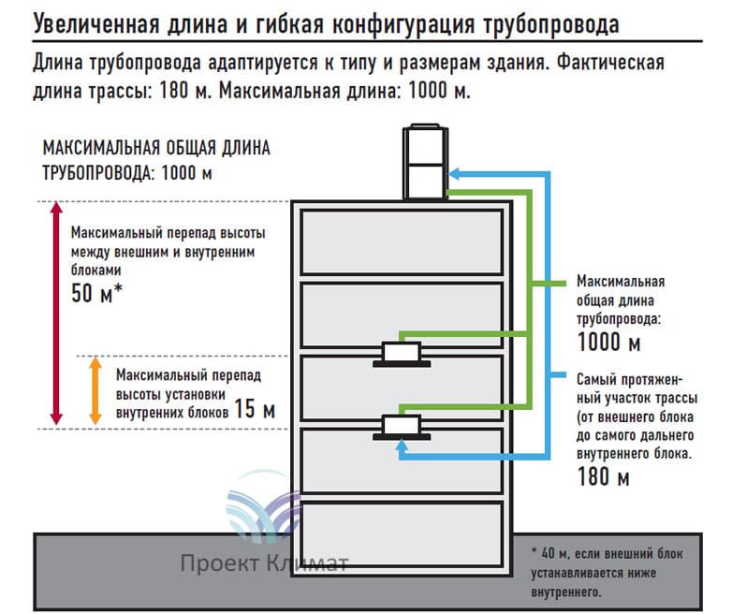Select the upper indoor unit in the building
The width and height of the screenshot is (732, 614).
402,355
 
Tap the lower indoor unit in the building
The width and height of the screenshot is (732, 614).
402,427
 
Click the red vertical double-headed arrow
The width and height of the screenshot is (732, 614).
56,314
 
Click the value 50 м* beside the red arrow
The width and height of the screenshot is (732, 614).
97,294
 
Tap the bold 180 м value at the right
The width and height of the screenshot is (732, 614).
603,478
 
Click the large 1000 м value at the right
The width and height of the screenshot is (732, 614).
609,343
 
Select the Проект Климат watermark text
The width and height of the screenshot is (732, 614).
264,563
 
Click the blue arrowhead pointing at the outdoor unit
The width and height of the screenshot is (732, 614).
454,174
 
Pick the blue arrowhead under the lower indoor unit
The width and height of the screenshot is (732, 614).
402,448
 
